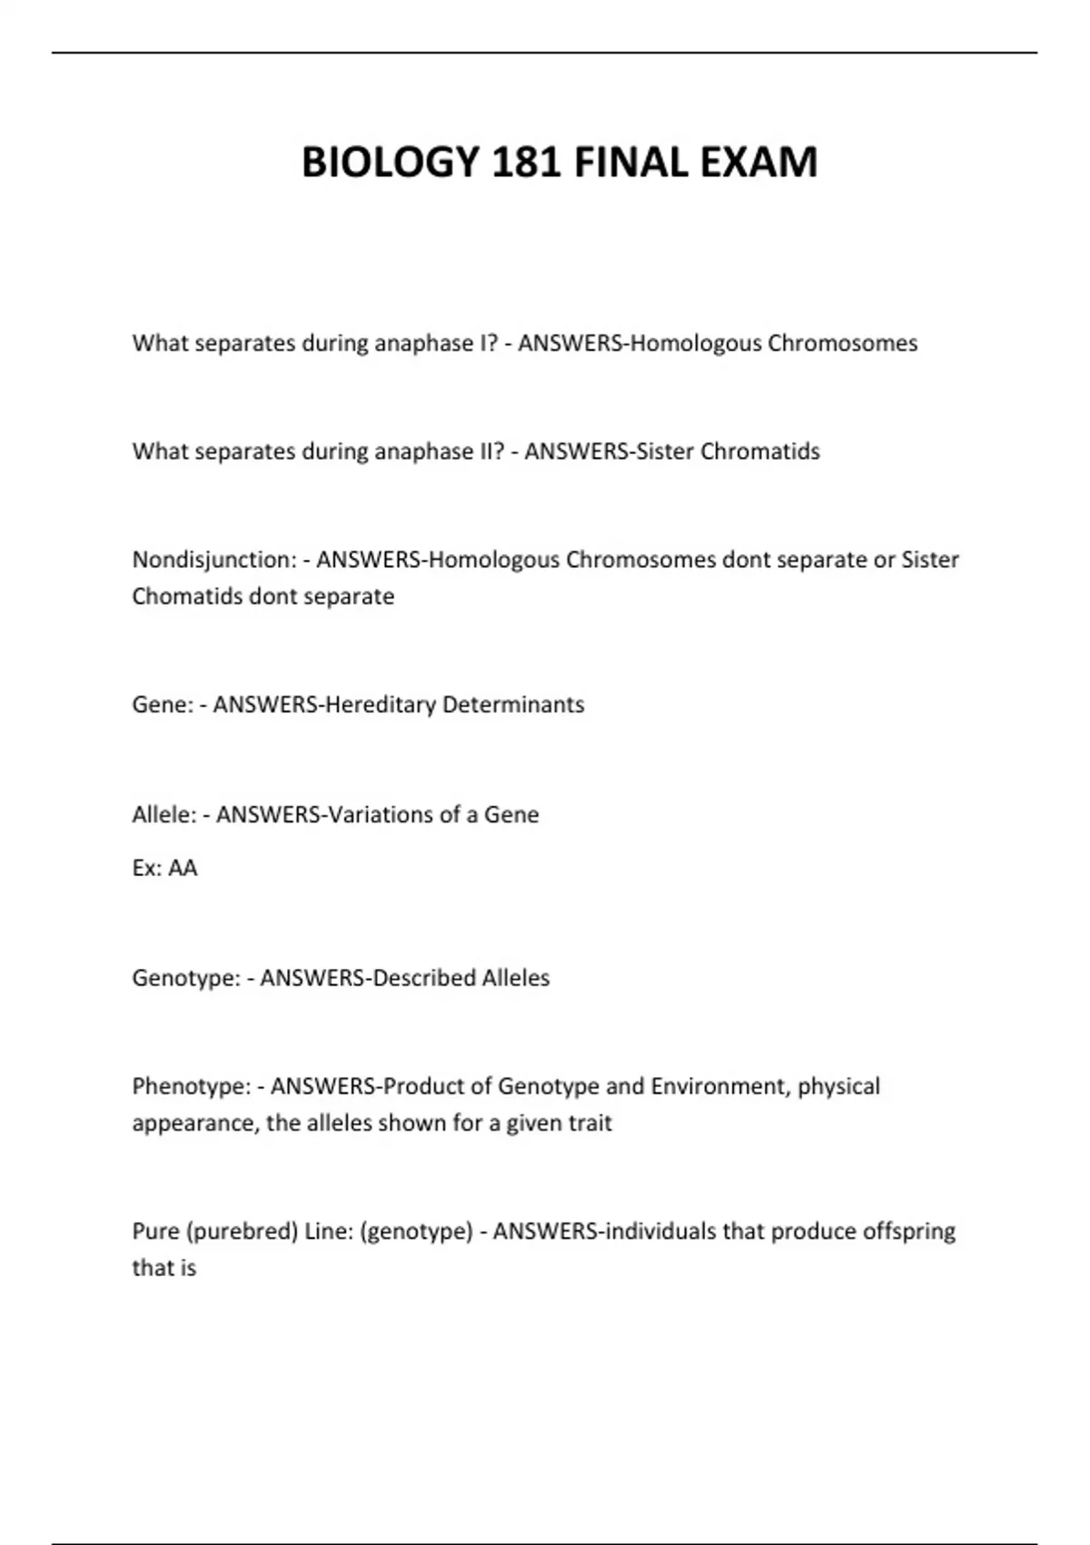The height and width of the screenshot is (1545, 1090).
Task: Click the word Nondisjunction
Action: tap(213, 560)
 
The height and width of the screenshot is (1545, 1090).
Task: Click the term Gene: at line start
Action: tap(163, 705)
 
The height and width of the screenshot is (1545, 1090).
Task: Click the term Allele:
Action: tap(164, 814)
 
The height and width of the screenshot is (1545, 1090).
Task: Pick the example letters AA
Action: tap(183, 868)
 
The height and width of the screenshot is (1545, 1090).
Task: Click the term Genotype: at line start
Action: tap(186, 979)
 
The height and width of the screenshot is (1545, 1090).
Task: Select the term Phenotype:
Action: tap(192, 1087)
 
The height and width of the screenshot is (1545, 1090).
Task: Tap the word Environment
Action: tap(718, 1087)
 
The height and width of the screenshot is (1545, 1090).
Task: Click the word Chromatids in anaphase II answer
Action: tap(760, 452)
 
